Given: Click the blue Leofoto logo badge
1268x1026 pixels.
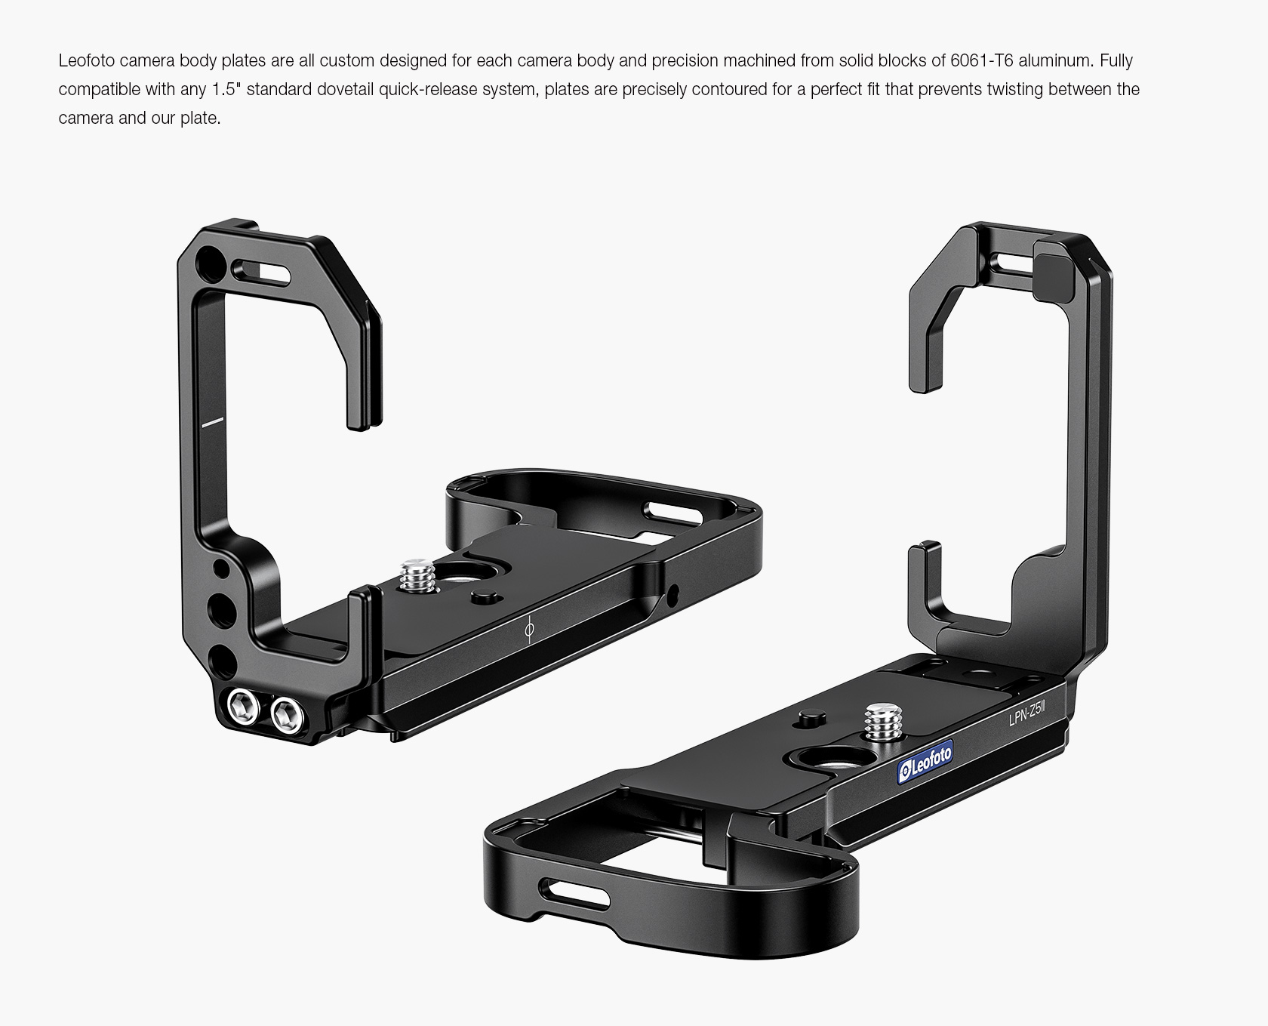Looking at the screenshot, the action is tap(925, 763).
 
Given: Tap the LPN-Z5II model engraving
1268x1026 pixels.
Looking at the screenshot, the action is tap(1027, 713).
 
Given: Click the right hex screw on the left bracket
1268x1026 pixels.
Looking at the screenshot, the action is tap(287, 713).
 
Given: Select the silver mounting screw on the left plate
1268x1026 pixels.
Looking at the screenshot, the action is tap(416, 575).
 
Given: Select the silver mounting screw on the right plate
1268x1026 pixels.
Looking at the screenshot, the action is tap(884, 722).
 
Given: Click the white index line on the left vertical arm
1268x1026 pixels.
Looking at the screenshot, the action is tap(213, 421).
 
